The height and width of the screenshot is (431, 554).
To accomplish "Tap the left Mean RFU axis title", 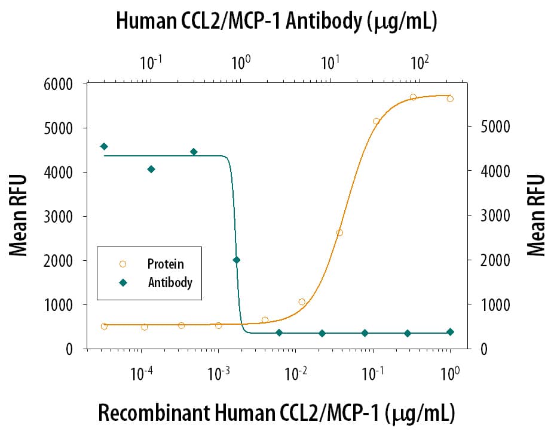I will [19, 215].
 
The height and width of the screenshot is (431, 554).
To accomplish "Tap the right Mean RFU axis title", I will [536, 215].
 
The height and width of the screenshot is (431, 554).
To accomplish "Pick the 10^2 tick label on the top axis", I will [420, 61].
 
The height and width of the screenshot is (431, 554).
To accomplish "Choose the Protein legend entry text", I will [166, 264].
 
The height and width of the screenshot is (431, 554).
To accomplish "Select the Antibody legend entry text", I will [170, 282].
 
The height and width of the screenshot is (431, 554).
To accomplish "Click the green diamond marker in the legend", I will [123, 282].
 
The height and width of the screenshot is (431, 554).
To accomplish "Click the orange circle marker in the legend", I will [123, 264].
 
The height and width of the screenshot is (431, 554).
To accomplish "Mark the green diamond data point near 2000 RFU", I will [236, 260].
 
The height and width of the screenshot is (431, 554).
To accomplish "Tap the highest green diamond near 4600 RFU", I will [104, 146].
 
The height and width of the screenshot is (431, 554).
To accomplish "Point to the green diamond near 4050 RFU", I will [151, 170].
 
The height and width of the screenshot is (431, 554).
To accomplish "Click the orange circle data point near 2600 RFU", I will [339, 233].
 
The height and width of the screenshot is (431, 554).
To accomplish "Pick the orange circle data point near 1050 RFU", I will [302, 302].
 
